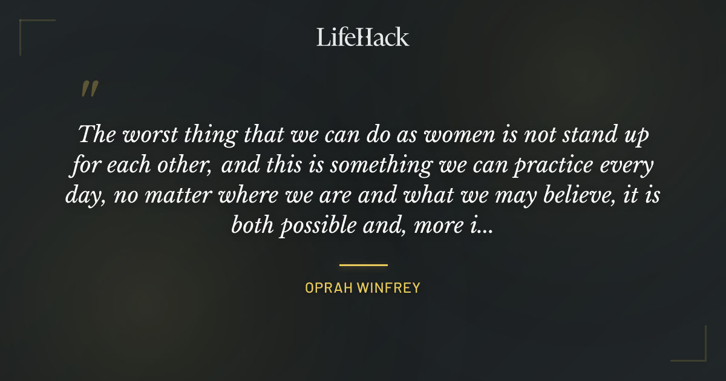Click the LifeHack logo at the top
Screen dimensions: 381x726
point(363,37)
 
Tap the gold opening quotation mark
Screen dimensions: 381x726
point(90,90)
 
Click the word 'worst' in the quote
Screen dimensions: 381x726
point(148,134)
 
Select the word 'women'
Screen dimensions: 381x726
point(459,134)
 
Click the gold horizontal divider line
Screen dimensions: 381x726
point(363,265)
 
